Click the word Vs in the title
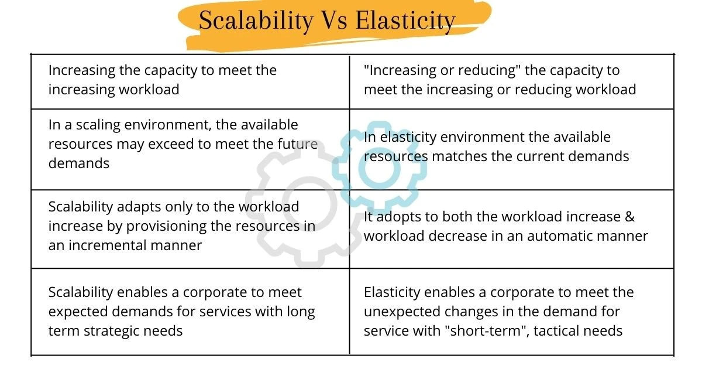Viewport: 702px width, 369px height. click(x=335, y=20)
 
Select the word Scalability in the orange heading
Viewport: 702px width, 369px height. click(x=256, y=20)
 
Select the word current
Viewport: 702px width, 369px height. click(x=542, y=156)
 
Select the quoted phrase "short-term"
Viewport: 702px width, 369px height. click(x=493, y=331)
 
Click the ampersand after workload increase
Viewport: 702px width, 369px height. click(x=629, y=217)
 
